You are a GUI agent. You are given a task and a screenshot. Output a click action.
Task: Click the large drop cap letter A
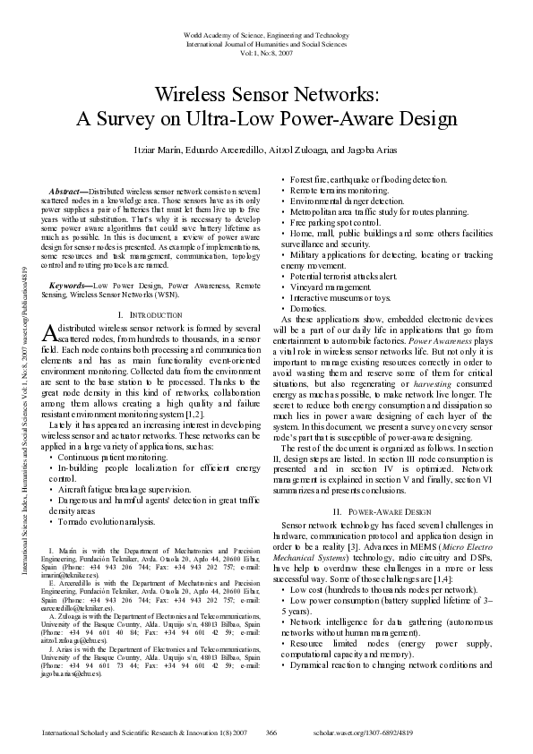click(x=49, y=332)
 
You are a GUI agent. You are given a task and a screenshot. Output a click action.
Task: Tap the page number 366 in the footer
click(x=271, y=732)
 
